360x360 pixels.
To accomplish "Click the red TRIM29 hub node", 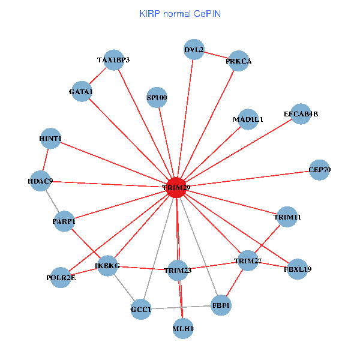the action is click(x=176, y=187).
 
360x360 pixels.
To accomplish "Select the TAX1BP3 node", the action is click(x=113, y=59).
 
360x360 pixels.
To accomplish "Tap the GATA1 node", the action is click(x=81, y=91).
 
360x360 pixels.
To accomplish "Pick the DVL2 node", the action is click(x=194, y=49).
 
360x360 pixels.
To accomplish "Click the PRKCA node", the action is click(x=239, y=61).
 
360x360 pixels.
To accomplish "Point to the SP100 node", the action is click(x=157, y=97).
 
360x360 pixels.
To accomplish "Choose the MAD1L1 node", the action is click(x=248, y=119).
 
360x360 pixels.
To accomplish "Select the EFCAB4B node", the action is click(x=301, y=113).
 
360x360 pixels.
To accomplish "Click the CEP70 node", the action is click(x=319, y=169).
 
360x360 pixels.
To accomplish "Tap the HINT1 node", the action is click(x=50, y=139).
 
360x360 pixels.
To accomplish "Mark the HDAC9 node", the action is click(x=41, y=181).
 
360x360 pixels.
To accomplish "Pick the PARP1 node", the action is click(x=64, y=221).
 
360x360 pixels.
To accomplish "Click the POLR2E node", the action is click(x=61, y=277).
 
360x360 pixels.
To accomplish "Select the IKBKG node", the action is click(x=107, y=265).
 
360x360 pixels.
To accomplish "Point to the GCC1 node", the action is click(x=141, y=310).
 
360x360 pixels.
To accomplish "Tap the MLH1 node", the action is click(x=183, y=328).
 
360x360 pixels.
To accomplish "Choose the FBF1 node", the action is click(x=221, y=306).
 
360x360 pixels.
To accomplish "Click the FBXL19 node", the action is click(x=298, y=269).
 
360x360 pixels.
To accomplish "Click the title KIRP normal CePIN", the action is click(x=179, y=13).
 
